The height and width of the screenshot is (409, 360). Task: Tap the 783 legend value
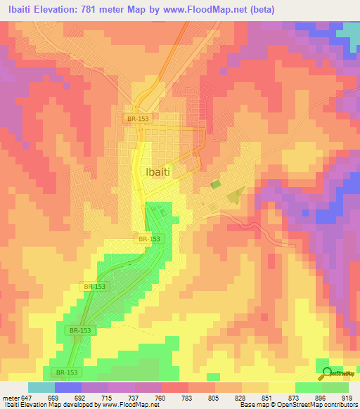coord(187,397)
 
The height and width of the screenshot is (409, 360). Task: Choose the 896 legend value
coord(321,397)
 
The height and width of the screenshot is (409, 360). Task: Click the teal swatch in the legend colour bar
coord(41,387)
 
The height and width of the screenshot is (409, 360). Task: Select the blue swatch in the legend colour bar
coord(68,387)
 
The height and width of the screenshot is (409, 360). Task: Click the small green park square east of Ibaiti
coord(215,185)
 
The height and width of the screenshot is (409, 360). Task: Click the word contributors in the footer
coord(342,405)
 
